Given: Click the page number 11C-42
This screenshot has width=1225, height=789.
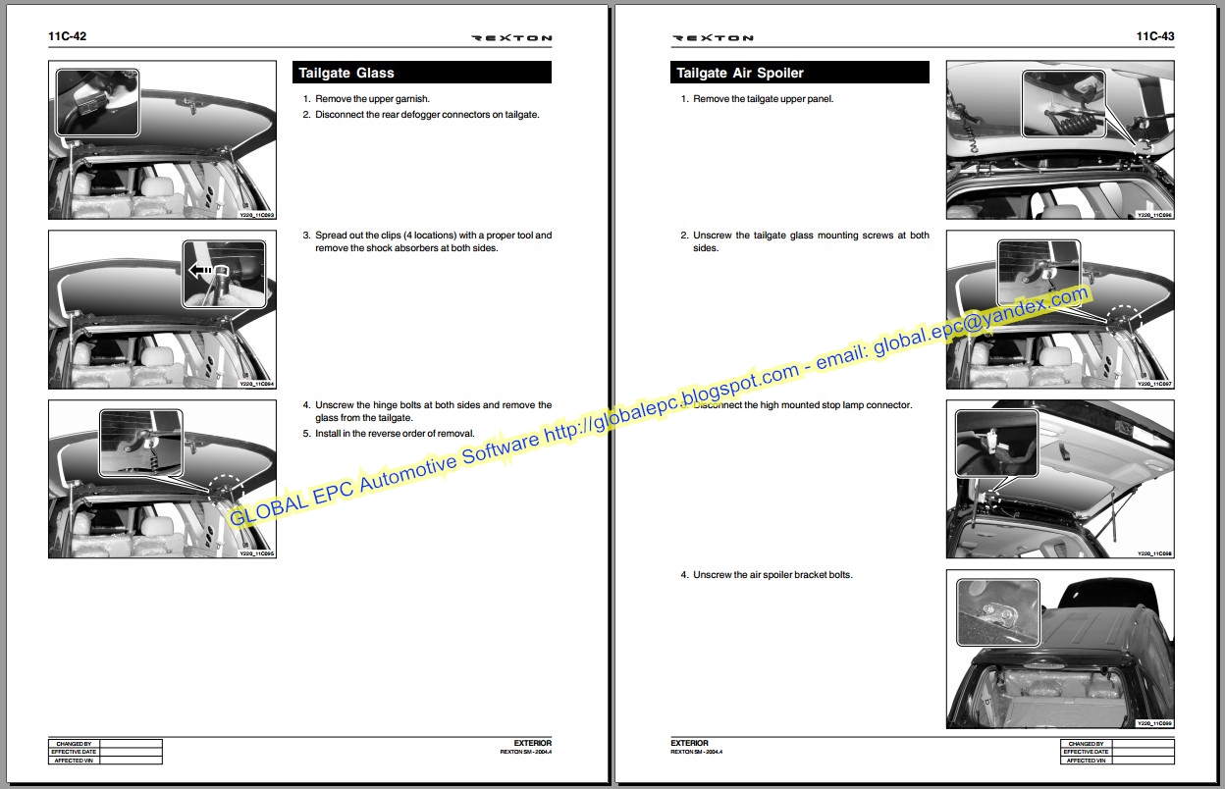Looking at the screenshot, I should [x=68, y=36].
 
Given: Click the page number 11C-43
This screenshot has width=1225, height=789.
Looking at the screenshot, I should [x=1154, y=36].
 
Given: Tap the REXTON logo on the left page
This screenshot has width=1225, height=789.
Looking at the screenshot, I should [x=511, y=38].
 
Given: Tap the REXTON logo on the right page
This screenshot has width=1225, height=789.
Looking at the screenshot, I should [x=713, y=38].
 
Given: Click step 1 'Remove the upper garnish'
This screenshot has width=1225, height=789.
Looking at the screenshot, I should [x=371, y=99].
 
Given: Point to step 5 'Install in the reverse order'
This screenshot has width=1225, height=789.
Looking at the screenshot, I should [x=393, y=433].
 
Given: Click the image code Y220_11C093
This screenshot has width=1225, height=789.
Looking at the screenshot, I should [x=256, y=214].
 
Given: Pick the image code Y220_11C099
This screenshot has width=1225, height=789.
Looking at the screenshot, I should [x=1153, y=723].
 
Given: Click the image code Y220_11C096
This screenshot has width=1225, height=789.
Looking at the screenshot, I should [x=1153, y=214].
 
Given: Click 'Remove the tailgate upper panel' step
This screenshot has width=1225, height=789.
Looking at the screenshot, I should [x=762, y=99].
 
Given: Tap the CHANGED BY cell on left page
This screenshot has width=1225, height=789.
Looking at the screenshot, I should [x=74, y=744].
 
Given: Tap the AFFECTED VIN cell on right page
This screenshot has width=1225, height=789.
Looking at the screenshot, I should [x=1086, y=760].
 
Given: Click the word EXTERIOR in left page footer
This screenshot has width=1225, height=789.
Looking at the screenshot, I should [x=532, y=743].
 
